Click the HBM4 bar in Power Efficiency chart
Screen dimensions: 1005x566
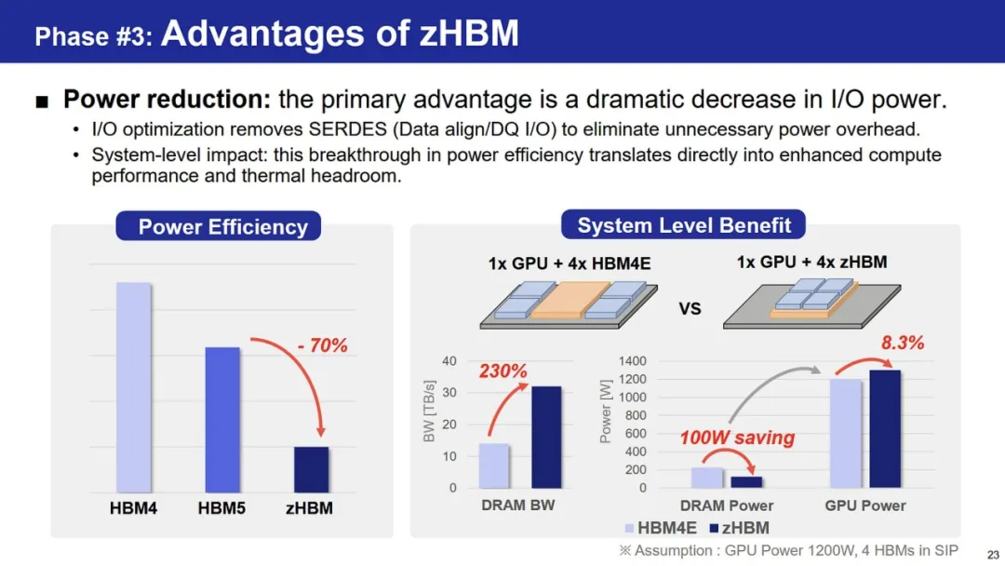click(x=134, y=387)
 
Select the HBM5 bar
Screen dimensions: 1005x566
click(x=222, y=420)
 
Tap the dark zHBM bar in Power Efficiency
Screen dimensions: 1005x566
click(x=312, y=470)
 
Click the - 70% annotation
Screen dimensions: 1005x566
click(x=322, y=345)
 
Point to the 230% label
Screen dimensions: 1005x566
click(x=503, y=371)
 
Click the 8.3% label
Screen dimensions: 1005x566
click(x=903, y=343)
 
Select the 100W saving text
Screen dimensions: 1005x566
click(x=737, y=438)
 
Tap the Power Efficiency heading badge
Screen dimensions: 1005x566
click(x=219, y=226)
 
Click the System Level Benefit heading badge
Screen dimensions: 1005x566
click(x=683, y=225)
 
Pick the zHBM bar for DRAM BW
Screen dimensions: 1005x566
click(x=546, y=438)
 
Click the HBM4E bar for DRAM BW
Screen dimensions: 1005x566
click(x=494, y=466)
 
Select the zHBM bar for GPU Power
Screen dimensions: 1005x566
click(x=885, y=429)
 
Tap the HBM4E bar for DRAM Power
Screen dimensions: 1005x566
click(x=707, y=478)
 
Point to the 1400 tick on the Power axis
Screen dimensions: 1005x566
click(x=633, y=361)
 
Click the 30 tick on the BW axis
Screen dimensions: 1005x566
click(x=449, y=392)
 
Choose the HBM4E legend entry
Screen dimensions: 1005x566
click(x=661, y=528)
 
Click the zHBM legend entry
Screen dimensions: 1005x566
click(x=739, y=528)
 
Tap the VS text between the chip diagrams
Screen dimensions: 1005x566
click(x=690, y=309)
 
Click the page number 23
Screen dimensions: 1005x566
click(x=993, y=555)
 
